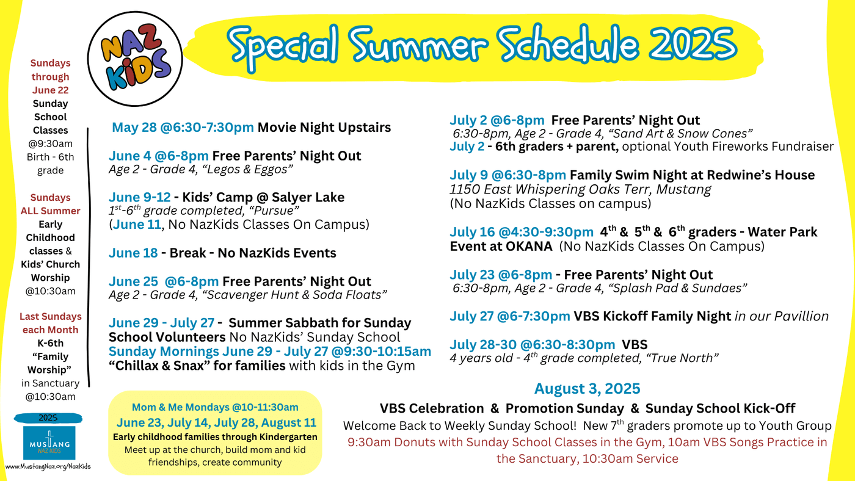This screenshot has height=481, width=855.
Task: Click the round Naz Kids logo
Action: point(135,59)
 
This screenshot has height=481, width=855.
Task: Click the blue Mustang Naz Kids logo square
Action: point(49,443)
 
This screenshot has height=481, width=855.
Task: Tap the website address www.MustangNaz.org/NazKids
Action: point(48,466)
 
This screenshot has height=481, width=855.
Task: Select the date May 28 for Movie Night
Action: point(134,127)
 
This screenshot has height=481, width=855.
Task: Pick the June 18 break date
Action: point(133,253)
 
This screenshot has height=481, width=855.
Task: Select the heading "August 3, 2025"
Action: point(587,388)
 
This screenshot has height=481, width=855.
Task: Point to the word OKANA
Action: point(529,247)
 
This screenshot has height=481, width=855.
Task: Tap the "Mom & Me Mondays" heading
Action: point(181,407)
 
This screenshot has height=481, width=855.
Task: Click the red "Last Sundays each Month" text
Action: point(50,323)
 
